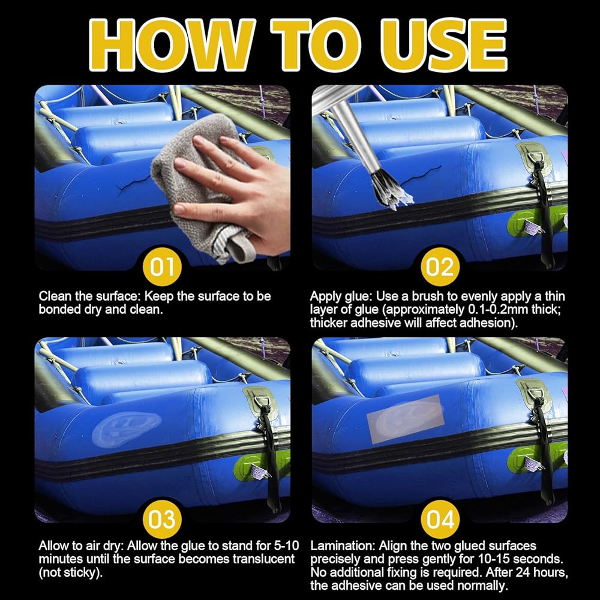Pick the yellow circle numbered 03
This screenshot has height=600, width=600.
162,519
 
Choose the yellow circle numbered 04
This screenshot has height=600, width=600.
440,519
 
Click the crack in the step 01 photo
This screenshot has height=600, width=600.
134,184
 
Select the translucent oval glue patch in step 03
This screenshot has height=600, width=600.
126,428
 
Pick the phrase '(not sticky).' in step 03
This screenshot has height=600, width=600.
71,573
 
